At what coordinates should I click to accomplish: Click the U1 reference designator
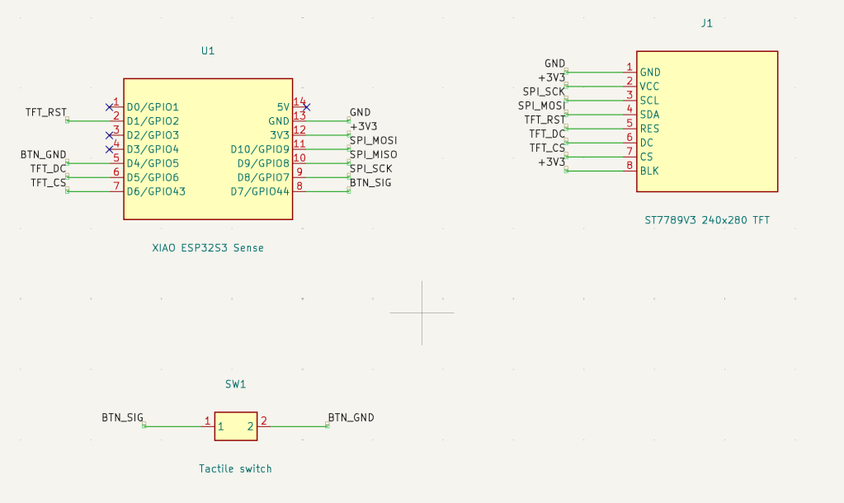(208, 50)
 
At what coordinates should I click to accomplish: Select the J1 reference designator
(707, 23)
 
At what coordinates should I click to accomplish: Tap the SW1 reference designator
(235, 384)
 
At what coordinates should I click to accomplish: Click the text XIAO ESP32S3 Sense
(208, 248)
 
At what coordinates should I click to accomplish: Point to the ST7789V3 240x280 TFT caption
(707, 220)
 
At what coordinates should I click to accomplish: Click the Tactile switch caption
(235, 468)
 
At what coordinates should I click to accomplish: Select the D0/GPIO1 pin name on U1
(153, 107)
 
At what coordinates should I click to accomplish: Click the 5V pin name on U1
(283, 107)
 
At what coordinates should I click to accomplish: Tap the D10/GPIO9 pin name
(260, 149)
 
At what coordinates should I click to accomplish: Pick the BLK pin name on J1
(649, 171)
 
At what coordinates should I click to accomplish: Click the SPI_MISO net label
(374, 154)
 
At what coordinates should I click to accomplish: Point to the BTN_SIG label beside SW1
(123, 417)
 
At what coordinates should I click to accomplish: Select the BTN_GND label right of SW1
(351, 417)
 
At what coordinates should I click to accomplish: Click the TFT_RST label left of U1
(46, 112)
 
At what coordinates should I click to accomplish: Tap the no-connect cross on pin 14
(307, 107)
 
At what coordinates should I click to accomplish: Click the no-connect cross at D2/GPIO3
(109, 135)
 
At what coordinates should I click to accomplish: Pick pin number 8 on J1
(629, 165)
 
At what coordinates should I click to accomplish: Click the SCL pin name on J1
(649, 101)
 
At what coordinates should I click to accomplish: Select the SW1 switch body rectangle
(236, 426)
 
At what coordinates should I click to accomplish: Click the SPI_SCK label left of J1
(544, 92)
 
